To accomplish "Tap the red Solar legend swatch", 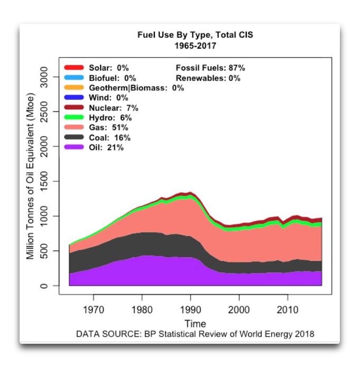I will pos(74,68).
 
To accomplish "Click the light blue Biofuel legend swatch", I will pos(74,78).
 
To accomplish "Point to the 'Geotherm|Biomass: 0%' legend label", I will pos(136,88).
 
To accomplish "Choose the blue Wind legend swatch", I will pos(74,98).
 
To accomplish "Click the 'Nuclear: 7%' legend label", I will pos(114,108).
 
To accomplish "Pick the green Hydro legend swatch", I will pos(74,118).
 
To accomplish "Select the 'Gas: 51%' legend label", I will pos(108,128).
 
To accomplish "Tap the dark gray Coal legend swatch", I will pos(74,138).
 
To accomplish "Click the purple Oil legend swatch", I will pos(74,148).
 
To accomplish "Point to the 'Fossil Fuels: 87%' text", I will pos(210,68).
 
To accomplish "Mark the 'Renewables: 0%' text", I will pos(208,78).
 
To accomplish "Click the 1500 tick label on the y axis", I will pos(48,182).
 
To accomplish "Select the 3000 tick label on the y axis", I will pos(48,77).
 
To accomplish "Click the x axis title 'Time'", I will pos(195,323).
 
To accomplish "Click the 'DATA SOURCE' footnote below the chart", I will pos(195,334).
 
